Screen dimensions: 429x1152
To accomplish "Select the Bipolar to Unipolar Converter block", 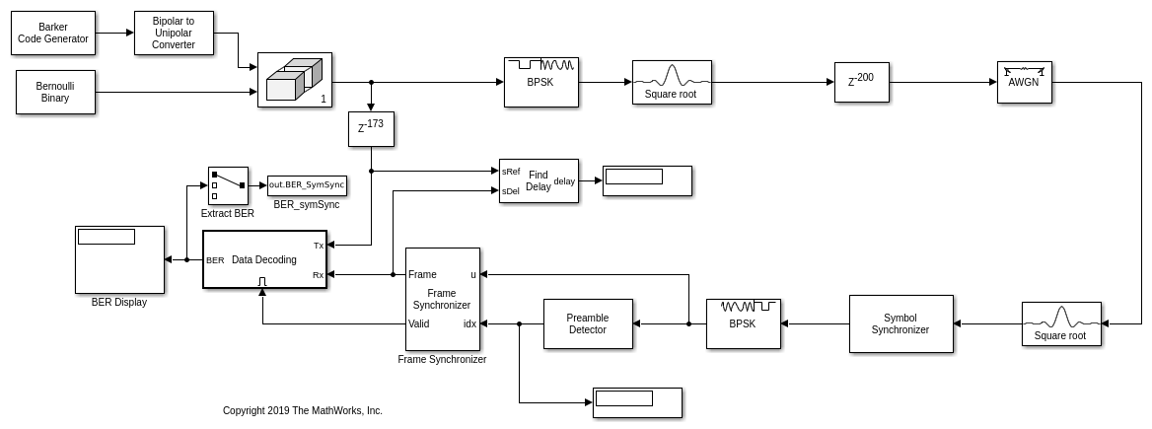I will pyautogui.click(x=174, y=33).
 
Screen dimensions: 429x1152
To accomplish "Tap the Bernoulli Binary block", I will pyautogui.click(x=55, y=92).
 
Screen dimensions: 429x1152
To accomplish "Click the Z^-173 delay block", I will pyautogui.click(x=371, y=128).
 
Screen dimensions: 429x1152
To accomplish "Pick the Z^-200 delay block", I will pyautogui.click(x=861, y=82).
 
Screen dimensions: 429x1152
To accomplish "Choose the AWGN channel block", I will pyautogui.click(x=1024, y=82).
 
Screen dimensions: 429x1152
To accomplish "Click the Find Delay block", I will pyautogui.click(x=539, y=180).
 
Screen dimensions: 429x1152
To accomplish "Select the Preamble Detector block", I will pyautogui.click(x=588, y=323).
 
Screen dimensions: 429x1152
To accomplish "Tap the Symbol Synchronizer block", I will pyautogui.click(x=900, y=323).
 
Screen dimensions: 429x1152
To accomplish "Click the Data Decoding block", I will pyautogui.click(x=263, y=259).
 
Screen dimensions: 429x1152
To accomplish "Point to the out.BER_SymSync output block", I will pyautogui.click(x=307, y=185).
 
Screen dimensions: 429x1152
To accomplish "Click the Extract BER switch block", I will pyautogui.click(x=228, y=185).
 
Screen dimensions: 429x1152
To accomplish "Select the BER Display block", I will pyautogui.click(x=119, y=259).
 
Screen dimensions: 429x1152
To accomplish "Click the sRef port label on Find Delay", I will pyautogui.click(x=511, y=172).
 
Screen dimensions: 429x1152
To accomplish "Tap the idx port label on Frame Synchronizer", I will pyautogui.click(x=469, y=323).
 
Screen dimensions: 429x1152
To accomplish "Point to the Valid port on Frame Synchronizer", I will pyautogui.click(x=419, y=323).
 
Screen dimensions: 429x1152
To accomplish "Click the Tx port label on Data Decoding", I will pyautogui.click(x=318, y=245).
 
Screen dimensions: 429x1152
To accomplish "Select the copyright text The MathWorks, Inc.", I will pyautogui.click(x=303, y=411).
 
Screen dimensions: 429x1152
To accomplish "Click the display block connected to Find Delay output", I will pyautogui.click(x=647, y=180).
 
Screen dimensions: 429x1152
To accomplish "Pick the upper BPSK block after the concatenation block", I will pyautogui.click(x=540, y=82).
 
